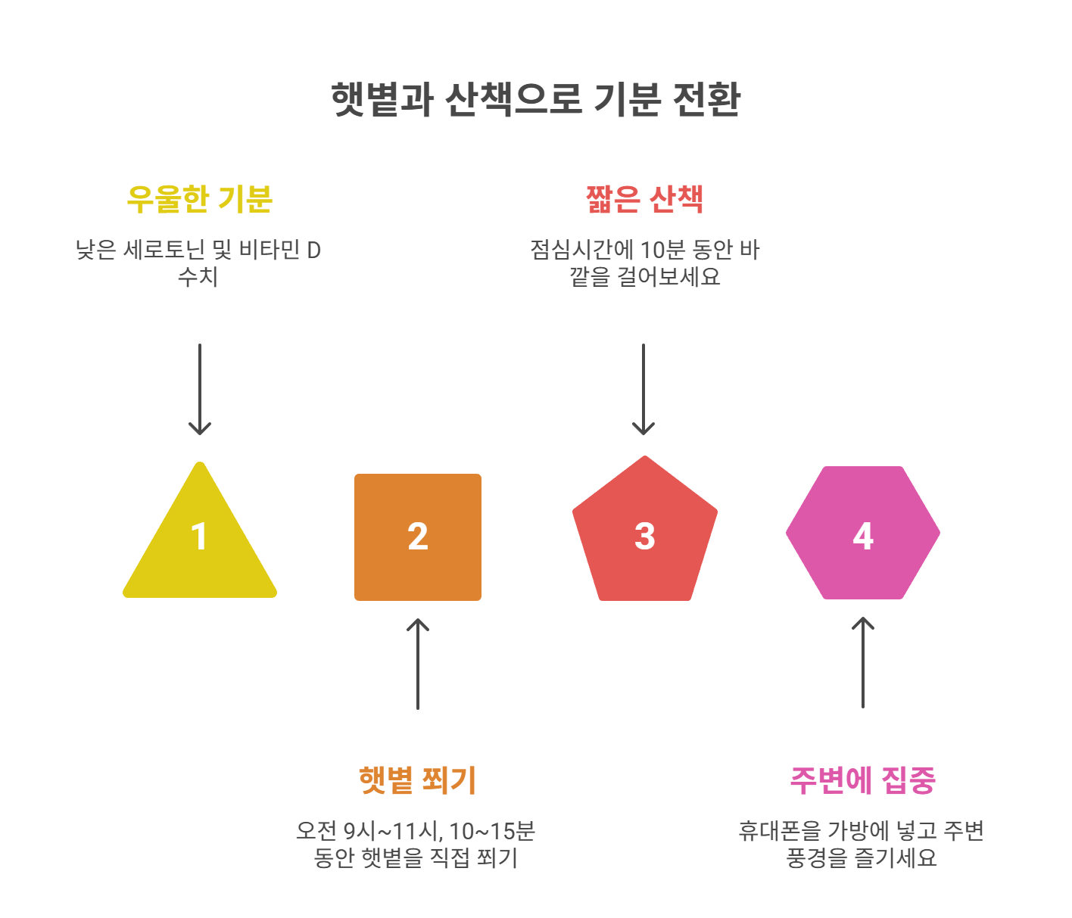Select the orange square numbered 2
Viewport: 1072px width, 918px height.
(418, 537)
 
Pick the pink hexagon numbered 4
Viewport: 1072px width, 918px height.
(863, 534)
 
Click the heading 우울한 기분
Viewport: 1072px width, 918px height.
(200, 199)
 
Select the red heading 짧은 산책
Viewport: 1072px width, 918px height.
(645, 199)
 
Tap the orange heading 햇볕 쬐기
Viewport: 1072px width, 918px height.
(418, 780)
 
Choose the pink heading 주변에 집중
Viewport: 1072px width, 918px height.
(863, 780)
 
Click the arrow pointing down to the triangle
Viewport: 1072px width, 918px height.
(200, 390)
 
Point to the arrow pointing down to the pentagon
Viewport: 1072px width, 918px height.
(644, 390)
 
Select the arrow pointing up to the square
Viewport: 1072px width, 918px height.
(418, 664)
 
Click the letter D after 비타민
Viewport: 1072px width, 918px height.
(313, 250)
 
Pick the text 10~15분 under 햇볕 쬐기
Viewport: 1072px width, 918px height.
(492, 831)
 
